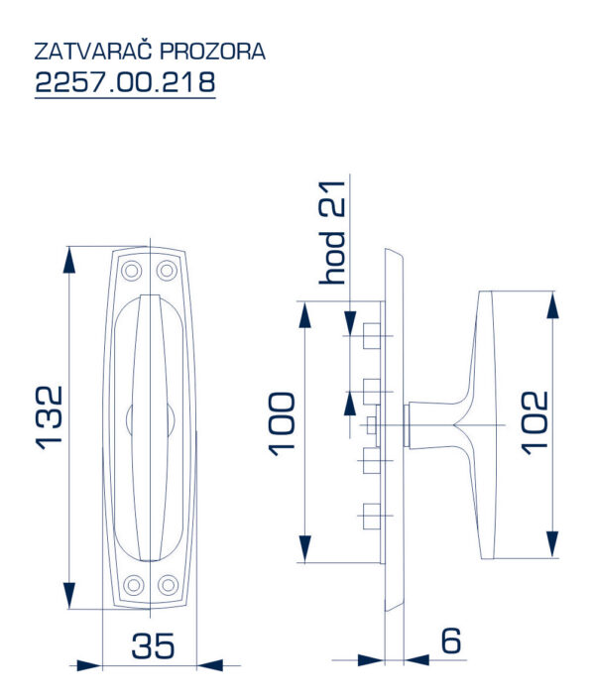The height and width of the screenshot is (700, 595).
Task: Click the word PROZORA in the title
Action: (x=213, y=52)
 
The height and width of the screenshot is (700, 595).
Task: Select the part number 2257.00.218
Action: (x=125, y=82)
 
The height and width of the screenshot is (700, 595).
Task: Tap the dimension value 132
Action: (x=50, y=417)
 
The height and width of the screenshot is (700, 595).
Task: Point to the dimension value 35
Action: (x=153, y=646)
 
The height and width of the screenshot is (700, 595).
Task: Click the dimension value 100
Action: (x=282, y=424)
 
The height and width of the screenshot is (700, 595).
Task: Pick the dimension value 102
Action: (x=535, y=422)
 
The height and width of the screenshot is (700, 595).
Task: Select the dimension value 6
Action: (x=451, y=641)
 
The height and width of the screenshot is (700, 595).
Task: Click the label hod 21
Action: (x=332, y=233)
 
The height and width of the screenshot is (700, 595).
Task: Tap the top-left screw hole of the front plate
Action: (x=132, y=271)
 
